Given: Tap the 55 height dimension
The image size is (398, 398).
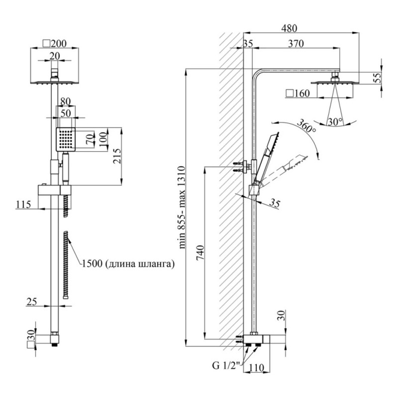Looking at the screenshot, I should tap(377, 77).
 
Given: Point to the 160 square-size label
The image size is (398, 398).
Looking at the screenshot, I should tap(298, 93).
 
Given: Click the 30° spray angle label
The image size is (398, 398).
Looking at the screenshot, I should tap(334, 121).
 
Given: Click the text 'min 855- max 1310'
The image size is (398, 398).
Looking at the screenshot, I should tap(182, 207).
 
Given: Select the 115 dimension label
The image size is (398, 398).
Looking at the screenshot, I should tap(23, 204).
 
